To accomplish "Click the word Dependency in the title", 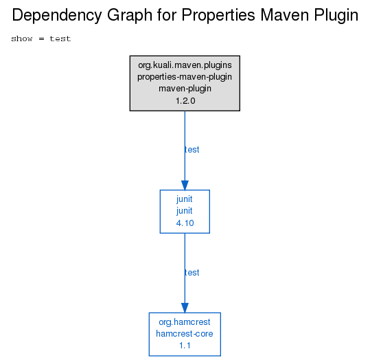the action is click(57, 16).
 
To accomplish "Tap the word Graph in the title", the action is click(130, 16).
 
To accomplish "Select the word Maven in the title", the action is click(285, 15).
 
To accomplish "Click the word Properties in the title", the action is click(218, 16).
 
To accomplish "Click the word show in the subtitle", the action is click(22, 38).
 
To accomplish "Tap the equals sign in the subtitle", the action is click(41, 38).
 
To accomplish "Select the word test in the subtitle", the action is click(60, 38).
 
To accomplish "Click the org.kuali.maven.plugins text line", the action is click(185, 65).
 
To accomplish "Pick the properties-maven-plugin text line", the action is click(185, 77).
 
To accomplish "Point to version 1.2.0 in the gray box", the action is click(185, 101).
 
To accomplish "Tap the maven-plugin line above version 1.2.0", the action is click(185, 89).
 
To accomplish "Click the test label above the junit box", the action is click(192, 150).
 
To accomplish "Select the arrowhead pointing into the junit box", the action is click(185, 185).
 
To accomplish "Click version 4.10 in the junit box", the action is click(185, 223).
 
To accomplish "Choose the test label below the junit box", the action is click(192, 273).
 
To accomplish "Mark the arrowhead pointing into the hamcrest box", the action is click(185, 308).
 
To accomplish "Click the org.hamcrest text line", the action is click(185, 322).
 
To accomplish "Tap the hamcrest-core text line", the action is click(185, 334).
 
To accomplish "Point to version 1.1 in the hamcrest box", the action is click(185, 346).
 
